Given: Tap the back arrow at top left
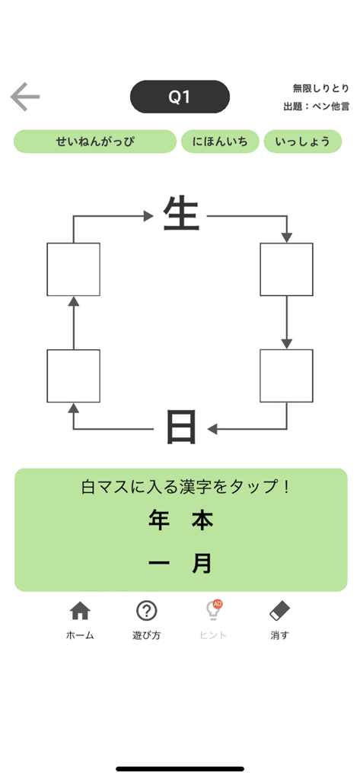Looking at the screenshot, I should click(24, 97).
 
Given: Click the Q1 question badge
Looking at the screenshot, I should click(180, 97).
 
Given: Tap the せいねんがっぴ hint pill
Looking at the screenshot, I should click(95, 141).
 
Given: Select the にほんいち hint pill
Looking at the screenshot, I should click(220, 141).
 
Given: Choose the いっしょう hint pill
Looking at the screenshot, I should click(302, 141).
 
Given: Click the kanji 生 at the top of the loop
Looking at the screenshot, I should click(181, 215).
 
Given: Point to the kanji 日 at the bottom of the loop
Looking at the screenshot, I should click(181, 428).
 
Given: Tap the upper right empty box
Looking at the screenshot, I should click(286, 269).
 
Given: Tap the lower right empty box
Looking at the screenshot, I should click(286, 376).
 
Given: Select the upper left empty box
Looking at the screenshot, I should click(73, 269).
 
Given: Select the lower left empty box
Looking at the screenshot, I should click(73, 376).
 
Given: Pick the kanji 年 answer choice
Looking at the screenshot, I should click(159, 521).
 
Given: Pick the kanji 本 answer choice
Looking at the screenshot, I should click(202, 521).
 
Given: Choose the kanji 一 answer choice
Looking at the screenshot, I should click(159, 564).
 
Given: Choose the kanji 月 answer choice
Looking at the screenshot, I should click(202, 564).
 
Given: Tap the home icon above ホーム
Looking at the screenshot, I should click(80, 611).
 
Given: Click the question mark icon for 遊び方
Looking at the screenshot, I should click(146, 611).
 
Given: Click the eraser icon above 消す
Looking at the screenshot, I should click(279, 611).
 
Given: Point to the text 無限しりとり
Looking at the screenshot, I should click(320, 88).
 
